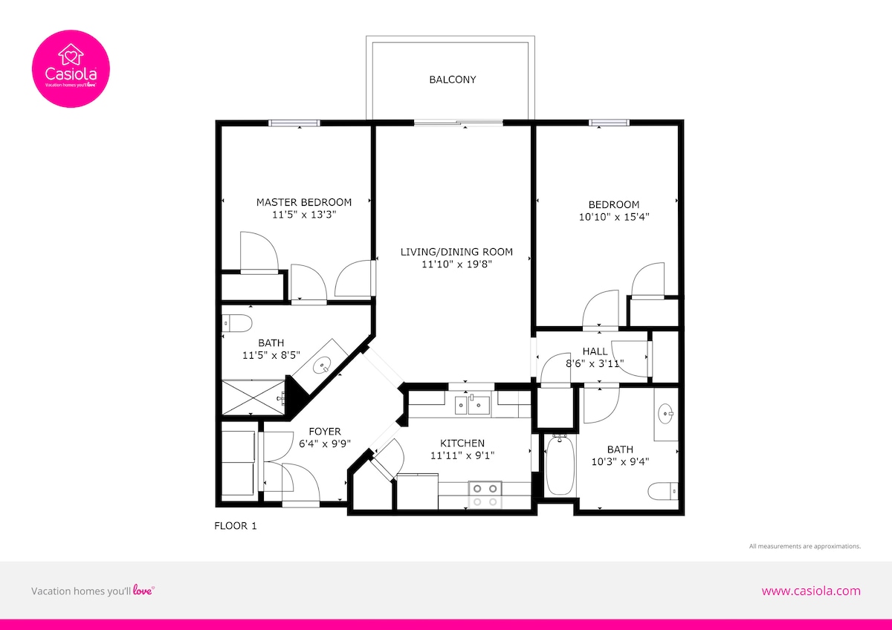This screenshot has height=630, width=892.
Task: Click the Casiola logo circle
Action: point(71,69)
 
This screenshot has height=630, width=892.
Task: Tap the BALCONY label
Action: point(453,79)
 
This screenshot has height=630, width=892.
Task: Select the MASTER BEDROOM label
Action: point(304,202)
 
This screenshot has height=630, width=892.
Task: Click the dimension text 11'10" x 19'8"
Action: point(456,264)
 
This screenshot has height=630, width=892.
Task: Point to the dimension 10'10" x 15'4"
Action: point(614,217)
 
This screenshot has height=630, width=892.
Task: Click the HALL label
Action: point(595,351)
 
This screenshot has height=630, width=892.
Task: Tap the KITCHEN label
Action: point(462,443)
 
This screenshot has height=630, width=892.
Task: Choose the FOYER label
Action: point(325,432)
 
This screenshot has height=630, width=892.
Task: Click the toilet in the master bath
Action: point(237,323)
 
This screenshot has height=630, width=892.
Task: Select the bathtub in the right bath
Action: point(560,465)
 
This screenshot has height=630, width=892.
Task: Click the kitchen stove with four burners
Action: point(485,495)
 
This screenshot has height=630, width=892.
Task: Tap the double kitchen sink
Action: point(473,405)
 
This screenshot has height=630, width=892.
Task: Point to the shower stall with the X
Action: point(253,397)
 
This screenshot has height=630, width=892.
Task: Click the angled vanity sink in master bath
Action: point(322,366)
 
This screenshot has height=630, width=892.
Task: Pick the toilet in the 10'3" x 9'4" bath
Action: point(662,491)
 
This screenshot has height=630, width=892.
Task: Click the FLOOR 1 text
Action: point(236,526)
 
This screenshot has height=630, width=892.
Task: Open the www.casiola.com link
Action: point(811,591)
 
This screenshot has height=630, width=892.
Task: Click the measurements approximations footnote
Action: point(805,546)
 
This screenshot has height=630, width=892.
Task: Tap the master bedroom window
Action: point(294,123)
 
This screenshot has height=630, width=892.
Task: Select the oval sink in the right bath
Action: point(665,414)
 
